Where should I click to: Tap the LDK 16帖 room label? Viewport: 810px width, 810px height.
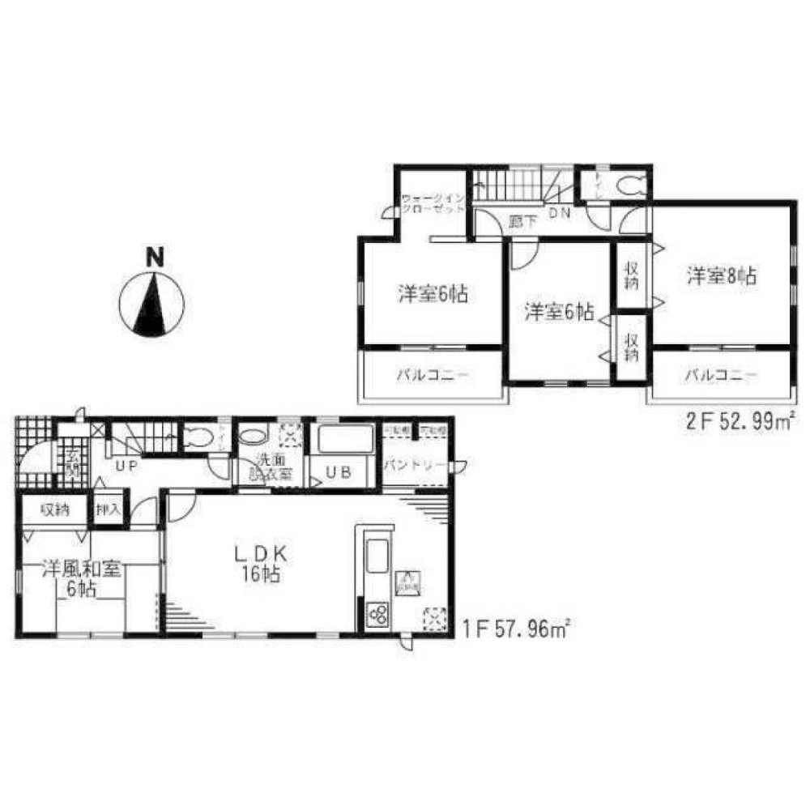point(258,565)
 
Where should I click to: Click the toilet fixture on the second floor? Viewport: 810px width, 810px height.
point(630,185)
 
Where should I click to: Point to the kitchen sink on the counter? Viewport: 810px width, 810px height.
point(377,558)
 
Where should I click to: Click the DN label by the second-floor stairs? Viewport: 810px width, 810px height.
point(560,213)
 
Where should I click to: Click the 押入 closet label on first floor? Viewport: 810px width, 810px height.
point(109,509)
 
